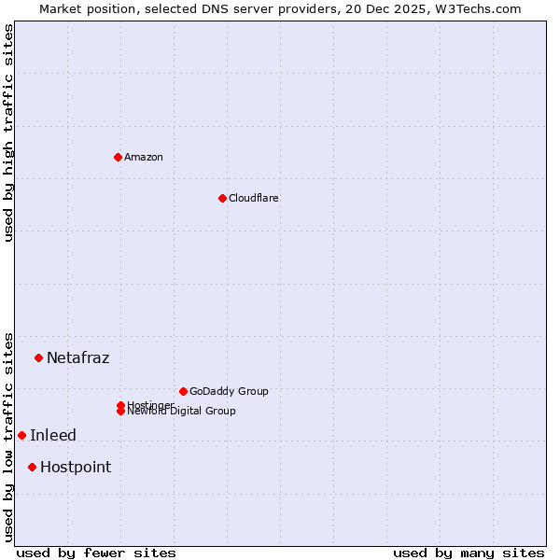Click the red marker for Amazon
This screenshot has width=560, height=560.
coord(118,157)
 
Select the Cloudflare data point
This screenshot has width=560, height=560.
coord(222,198)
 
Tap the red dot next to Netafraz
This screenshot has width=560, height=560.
coord(38,357)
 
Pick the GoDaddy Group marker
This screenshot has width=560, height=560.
coord(183,391)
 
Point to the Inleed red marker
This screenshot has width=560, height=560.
coord(21,435)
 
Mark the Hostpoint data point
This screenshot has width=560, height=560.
coord(32,467)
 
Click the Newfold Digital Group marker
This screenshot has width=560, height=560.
coord(120,412)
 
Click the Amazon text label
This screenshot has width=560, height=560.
coord(144,157)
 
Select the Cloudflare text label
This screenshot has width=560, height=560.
coord(254,198)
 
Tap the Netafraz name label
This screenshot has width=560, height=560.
coord(77,357)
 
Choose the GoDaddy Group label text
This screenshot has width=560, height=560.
coord(229,391)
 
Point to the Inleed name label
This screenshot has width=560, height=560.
coord(53,435)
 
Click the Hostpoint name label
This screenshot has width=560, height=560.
coord(76,467)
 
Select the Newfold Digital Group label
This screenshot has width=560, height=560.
coord(181,412)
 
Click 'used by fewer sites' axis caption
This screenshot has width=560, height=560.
coord(96,553)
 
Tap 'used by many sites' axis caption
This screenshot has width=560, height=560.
coord(469,553)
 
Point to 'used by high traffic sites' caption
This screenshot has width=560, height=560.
coord(8,133)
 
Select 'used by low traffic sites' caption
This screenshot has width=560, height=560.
coord(8,436)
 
